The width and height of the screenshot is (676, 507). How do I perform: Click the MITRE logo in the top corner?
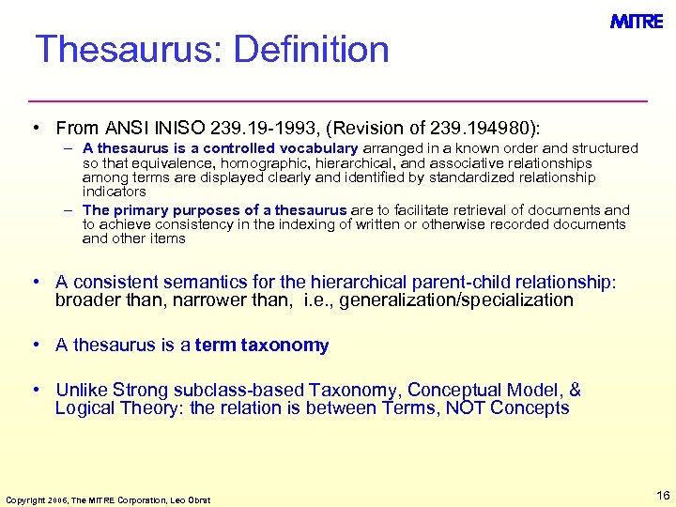636,22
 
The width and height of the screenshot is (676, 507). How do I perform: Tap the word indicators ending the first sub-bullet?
115,192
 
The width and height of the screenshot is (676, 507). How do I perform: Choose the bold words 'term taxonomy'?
262,346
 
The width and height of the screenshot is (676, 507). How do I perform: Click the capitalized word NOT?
466,407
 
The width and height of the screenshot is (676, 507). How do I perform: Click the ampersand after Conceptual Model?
576,390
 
